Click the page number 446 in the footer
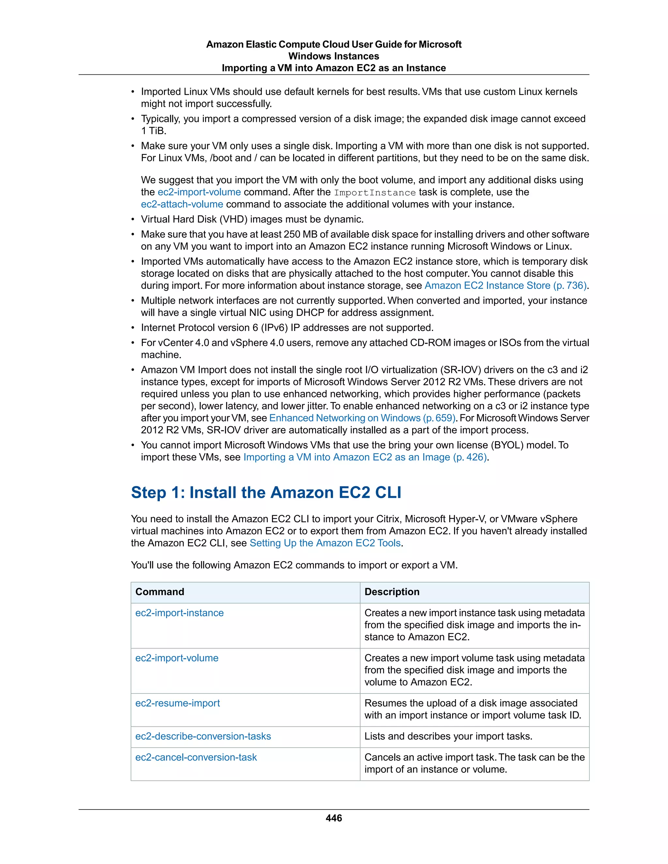pos(334,818)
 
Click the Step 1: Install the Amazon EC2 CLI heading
pos(266,493)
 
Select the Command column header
pos(160,591)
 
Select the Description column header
pos(392,591)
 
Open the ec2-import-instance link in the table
pos(179,613)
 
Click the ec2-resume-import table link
pos(177,703)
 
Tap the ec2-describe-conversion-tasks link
pos(203,736)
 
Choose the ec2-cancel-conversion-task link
pos(196,757)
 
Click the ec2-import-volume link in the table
pos(177,658)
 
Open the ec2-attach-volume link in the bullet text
pos(182,204)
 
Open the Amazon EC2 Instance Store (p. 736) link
pos(505,286)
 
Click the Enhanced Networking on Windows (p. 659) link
pos(362,418)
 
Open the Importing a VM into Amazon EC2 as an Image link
pos(364,457)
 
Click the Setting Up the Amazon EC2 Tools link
pos(325,543)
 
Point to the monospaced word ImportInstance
pos(374,193)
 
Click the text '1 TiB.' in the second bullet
pos(154,131)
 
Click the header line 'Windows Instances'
pos(334,56)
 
